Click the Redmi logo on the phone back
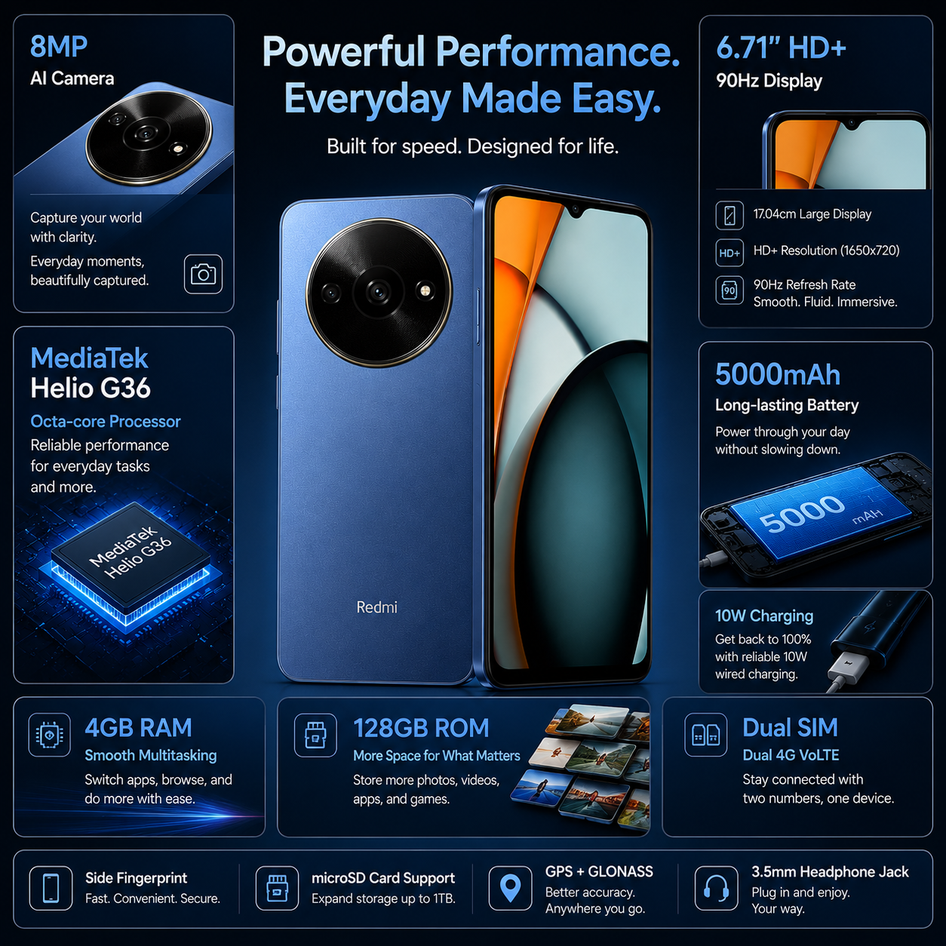[376, 607]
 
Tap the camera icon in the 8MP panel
[203, 274]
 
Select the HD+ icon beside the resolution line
[729, 253]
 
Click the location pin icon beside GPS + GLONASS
[510, 888]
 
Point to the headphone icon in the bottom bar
[716, 888]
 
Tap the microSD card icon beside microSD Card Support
[277, 888]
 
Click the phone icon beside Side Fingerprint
[51, 888]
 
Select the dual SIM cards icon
[705, 735]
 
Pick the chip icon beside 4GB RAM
[49, 735]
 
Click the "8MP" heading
[59, 47]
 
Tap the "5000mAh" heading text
[778, 375]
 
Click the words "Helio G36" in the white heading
[91, 389]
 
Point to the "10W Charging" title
[764, 616]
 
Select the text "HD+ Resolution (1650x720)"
[826, 250]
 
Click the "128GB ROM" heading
[421, 727]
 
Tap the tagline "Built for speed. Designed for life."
[472, 146]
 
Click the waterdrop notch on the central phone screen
[576, 211]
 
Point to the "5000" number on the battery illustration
[801, 514]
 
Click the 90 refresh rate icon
[729, 290]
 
